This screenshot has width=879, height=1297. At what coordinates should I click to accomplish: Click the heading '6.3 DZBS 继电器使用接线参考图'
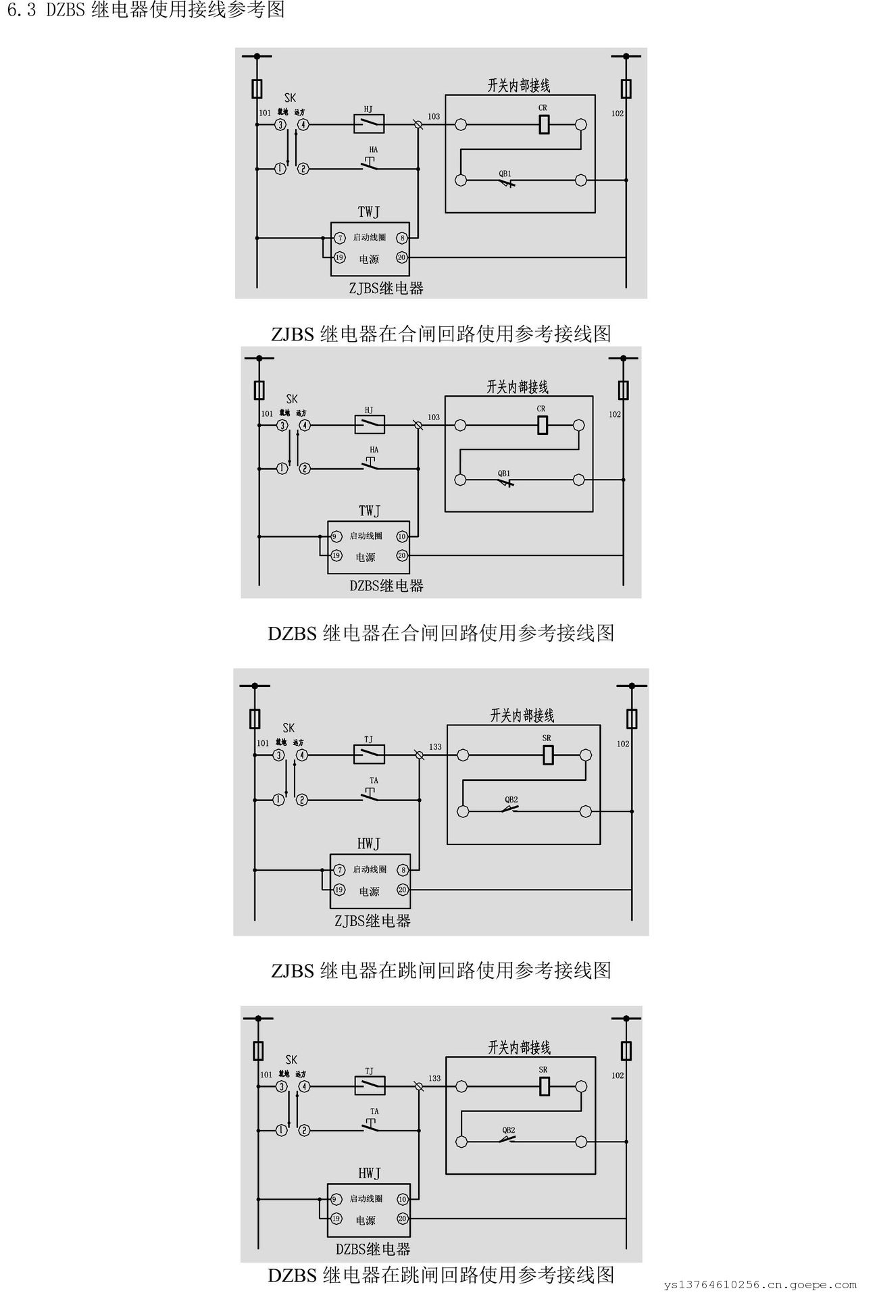(145, 10)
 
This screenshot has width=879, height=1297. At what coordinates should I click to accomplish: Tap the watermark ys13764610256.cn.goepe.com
(759, 1284)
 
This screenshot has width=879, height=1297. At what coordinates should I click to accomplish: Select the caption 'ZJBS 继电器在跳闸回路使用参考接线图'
(441, 971)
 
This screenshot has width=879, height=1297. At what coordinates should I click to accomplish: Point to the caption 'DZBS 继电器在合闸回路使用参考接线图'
(441, 633)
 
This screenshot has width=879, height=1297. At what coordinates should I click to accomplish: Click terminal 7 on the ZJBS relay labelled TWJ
(340, 238)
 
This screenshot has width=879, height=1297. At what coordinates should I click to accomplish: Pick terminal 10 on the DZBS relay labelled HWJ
(402, 1199)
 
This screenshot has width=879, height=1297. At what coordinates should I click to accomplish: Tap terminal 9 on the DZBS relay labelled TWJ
(334, 536)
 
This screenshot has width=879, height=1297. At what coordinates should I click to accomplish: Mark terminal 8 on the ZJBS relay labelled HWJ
(403, 870)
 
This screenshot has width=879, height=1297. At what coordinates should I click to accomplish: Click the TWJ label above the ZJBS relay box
(369, 212)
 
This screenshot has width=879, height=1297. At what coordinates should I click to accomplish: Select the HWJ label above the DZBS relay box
(369, 1173)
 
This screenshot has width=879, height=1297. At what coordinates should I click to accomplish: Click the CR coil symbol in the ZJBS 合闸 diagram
(544, 124)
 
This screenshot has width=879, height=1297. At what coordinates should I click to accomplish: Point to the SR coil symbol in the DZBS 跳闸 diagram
(545, 1086)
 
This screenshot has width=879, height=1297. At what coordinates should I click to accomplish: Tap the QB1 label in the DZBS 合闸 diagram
(504, 474)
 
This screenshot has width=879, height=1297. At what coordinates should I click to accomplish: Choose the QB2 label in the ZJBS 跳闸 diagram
(511, 800)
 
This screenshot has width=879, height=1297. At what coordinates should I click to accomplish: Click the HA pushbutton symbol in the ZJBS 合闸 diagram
(370, 163)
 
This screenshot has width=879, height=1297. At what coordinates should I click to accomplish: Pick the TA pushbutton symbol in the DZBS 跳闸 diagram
(370, 1125)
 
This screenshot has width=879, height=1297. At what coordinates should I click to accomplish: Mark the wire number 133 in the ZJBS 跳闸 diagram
(435, 746)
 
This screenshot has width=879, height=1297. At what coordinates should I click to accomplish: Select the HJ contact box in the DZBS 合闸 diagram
(370, 424)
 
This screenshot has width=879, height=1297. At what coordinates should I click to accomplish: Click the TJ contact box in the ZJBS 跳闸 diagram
(370, 754)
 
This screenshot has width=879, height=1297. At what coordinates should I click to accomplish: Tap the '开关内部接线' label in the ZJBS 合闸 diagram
(519, 86)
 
